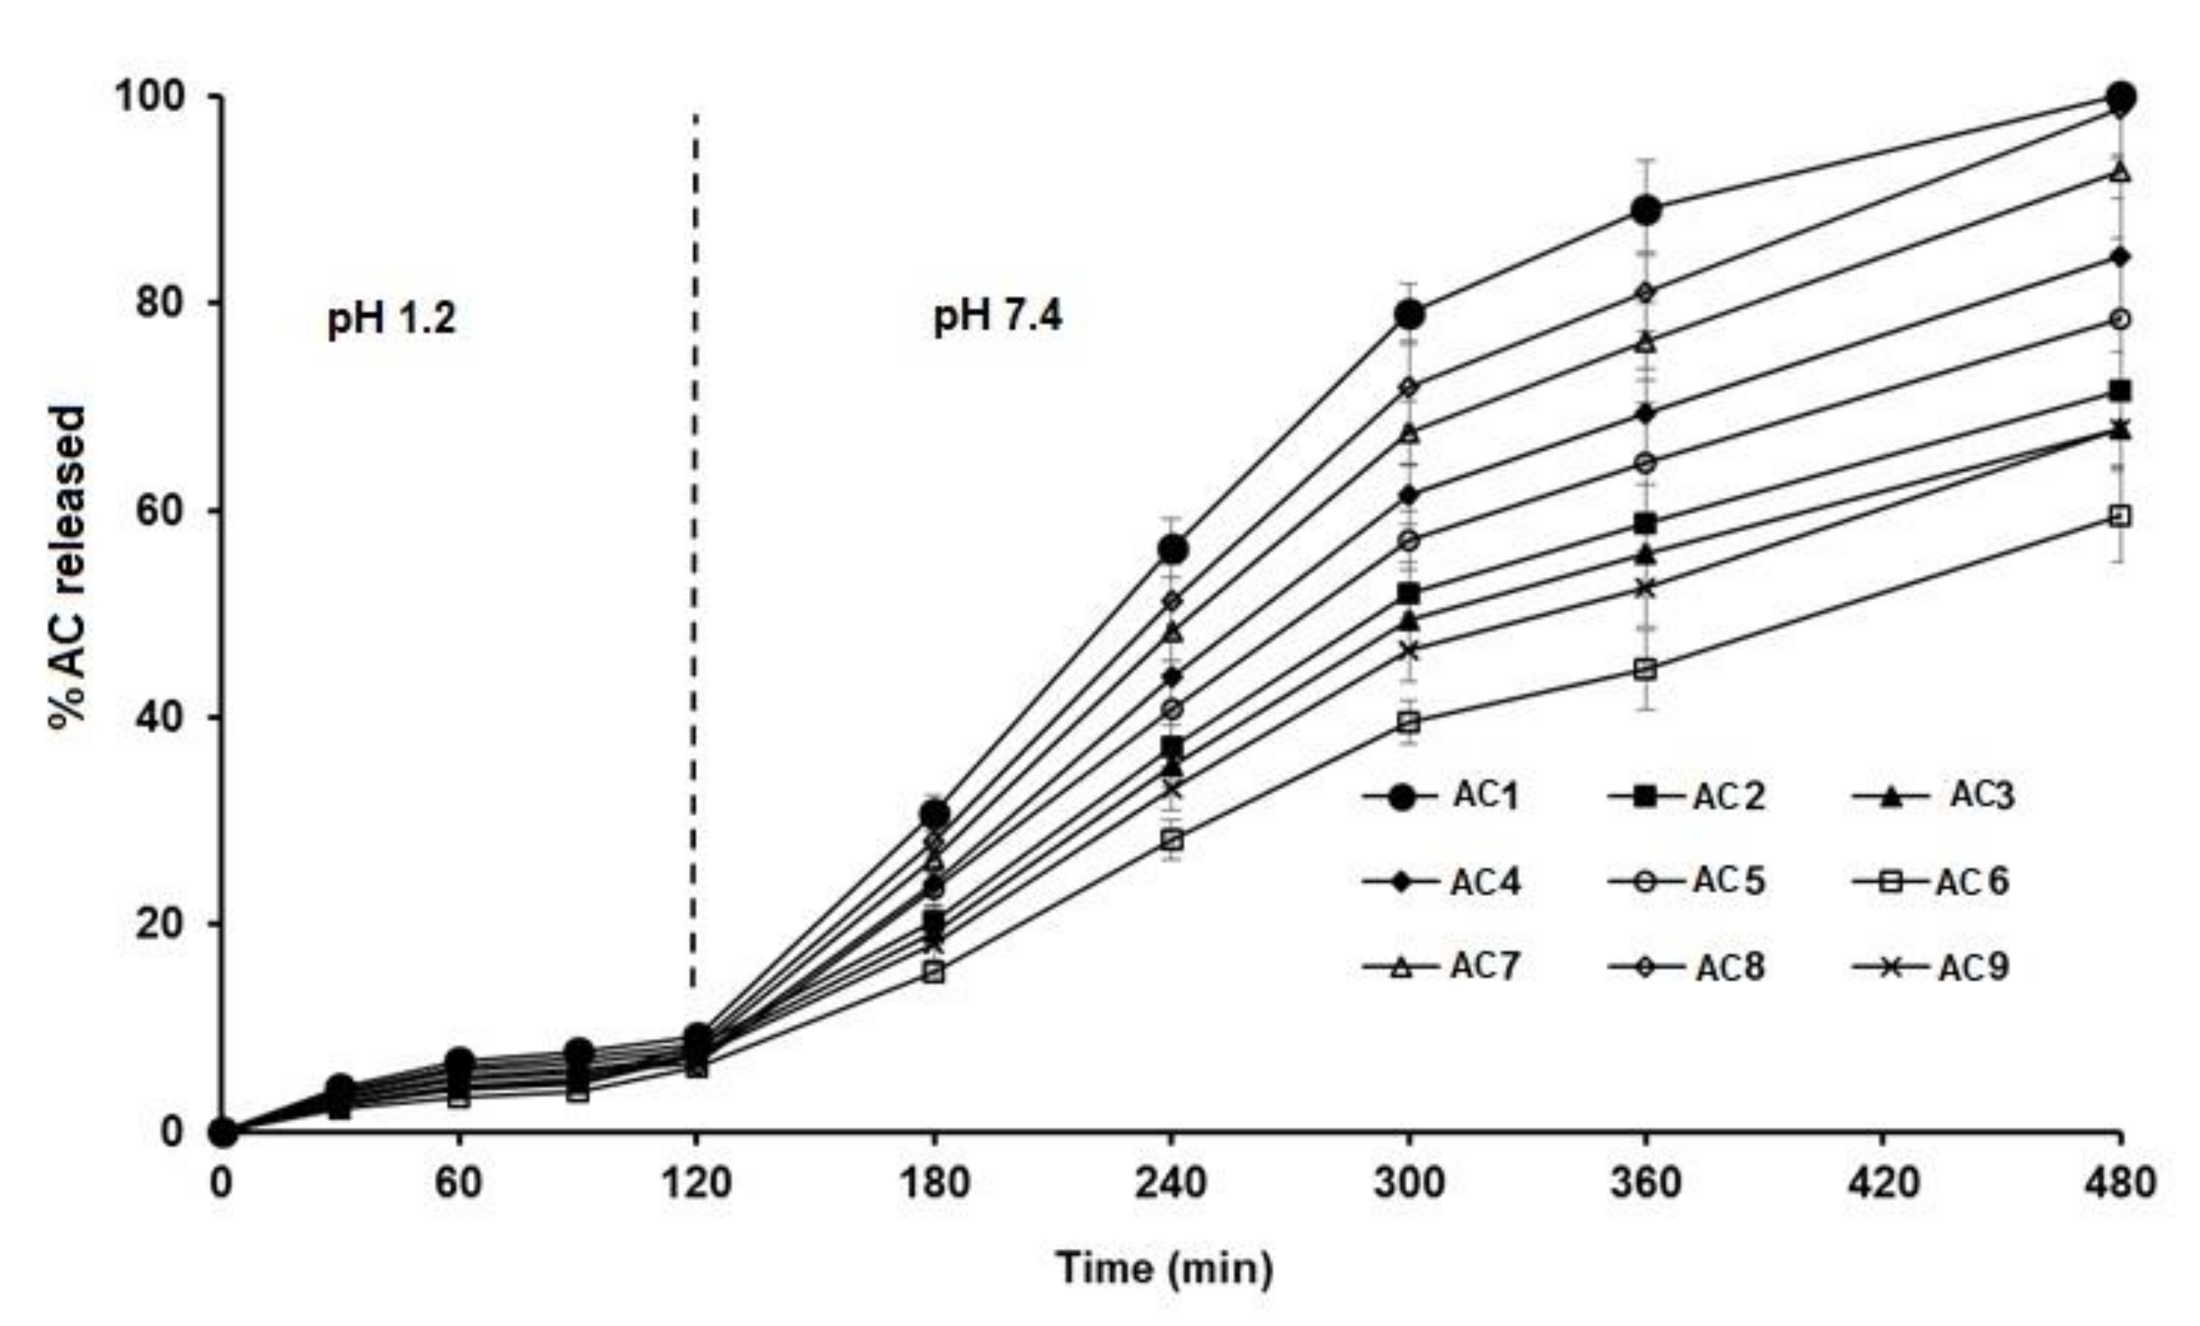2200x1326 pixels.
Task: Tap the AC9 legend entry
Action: (x=1931, y=967)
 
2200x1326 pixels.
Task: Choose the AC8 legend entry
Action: (x=1688, y=967)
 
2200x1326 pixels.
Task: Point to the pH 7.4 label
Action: (x=998, y=316)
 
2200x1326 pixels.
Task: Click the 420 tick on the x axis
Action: (x=1883, y=1184)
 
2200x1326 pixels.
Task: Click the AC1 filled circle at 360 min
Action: (x=1646, y=211)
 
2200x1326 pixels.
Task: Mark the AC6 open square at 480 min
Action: (x=2119, y=516)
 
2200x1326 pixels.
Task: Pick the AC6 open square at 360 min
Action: (x=1646, y=670)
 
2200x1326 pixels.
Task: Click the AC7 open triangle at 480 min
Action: (x=2119, y=172)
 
